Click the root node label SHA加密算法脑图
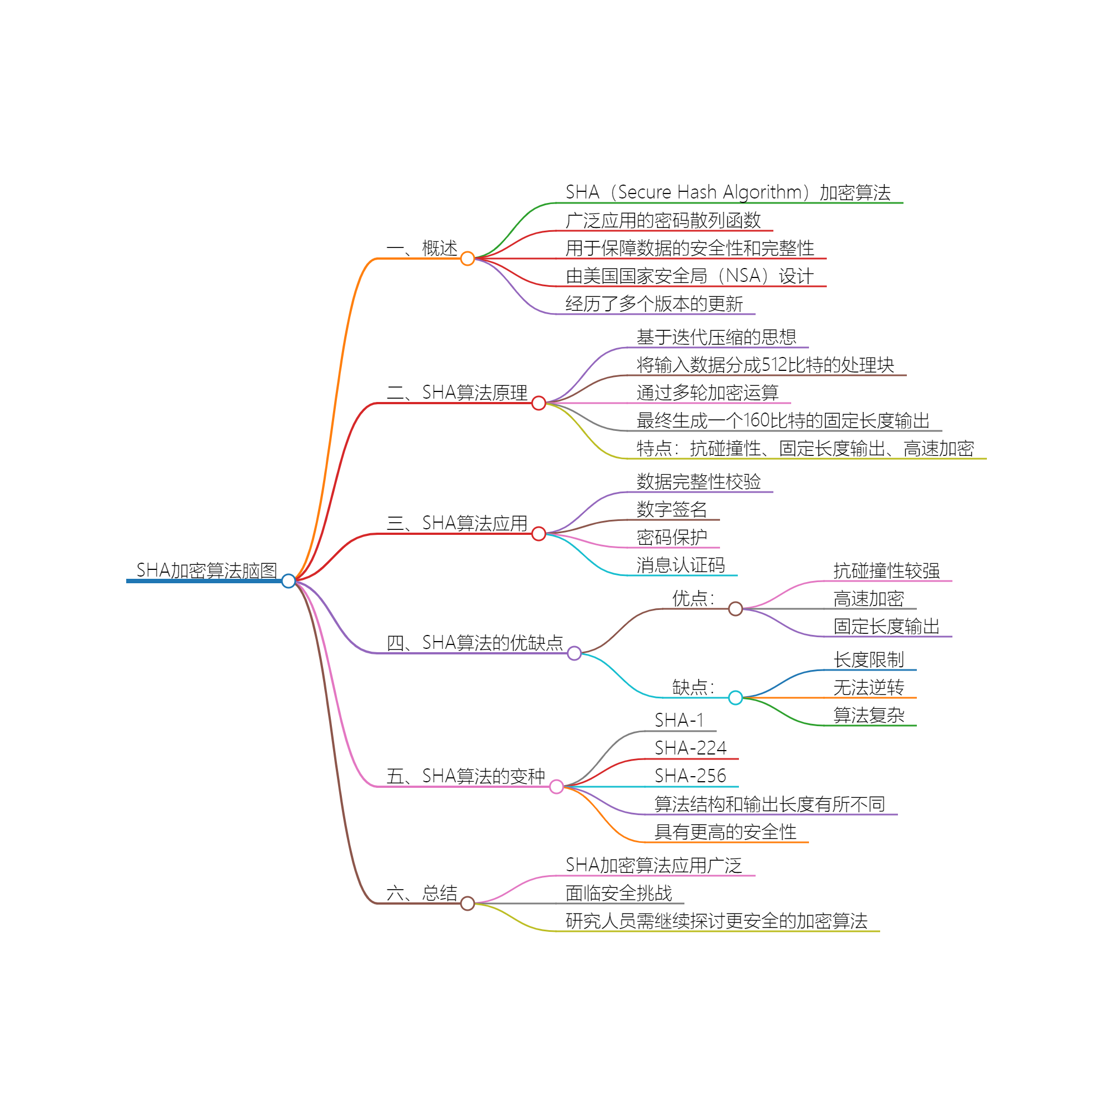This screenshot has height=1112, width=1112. coord(206,570)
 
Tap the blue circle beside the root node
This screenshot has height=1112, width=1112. coord(289,581)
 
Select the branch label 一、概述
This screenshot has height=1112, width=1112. coord(422,248)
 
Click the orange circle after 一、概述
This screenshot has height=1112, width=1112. coord(468,259)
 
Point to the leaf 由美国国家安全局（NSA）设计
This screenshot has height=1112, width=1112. coord(689,276)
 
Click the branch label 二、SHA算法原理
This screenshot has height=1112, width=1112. coord(457,393)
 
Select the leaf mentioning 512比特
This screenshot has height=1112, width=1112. coord(765,365)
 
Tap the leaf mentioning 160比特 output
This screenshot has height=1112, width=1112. coord(783,421)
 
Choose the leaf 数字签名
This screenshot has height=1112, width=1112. coord(672,509)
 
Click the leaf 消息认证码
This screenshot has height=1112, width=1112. coord(681,565)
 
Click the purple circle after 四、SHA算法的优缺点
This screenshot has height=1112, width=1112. coord(574,653)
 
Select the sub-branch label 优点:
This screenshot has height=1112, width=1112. coord(693,599)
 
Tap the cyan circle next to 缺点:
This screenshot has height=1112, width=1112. coord(735,698)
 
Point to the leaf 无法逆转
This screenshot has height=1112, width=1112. coord(868,687)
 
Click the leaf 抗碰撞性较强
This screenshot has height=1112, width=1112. coord(886,571)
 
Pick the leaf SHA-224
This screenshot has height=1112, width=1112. coord(690,748)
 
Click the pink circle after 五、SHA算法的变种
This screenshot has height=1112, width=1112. coord(556,786)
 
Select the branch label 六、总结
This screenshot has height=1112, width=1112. coord(422,893)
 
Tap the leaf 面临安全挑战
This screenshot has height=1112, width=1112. coord(619,893)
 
